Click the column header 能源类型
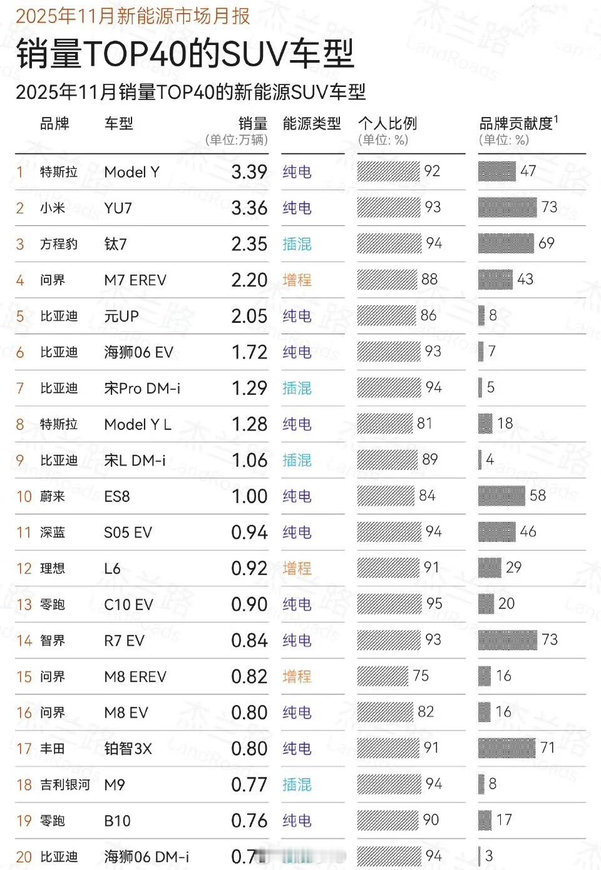(x=312, y=124)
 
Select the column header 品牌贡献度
(x=516, y=124)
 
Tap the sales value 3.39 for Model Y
(x=249, y=172)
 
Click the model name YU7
(x=118, y=208)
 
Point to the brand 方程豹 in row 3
(x=59, y=244)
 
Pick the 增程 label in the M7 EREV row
(x=297, y=280)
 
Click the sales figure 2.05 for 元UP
(x=249, y=316)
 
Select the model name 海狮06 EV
(x=138, y=353)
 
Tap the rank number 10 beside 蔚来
(x=24, y=497)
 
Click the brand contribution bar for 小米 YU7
(x=507, y=207)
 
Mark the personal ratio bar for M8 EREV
(x=382, y=676)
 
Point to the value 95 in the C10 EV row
(x=434, y=604)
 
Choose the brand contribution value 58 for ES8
(x=537, y=496)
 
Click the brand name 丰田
(x=53, y=749)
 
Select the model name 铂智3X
(x=128, y=749)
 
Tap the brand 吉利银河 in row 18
(x=65, y=785)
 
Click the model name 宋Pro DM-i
(x=142, y=388)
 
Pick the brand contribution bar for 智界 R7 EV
(x=507, y=640)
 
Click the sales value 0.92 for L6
(x=249, y=569)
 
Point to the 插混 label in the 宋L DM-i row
(x=297, y=460)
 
